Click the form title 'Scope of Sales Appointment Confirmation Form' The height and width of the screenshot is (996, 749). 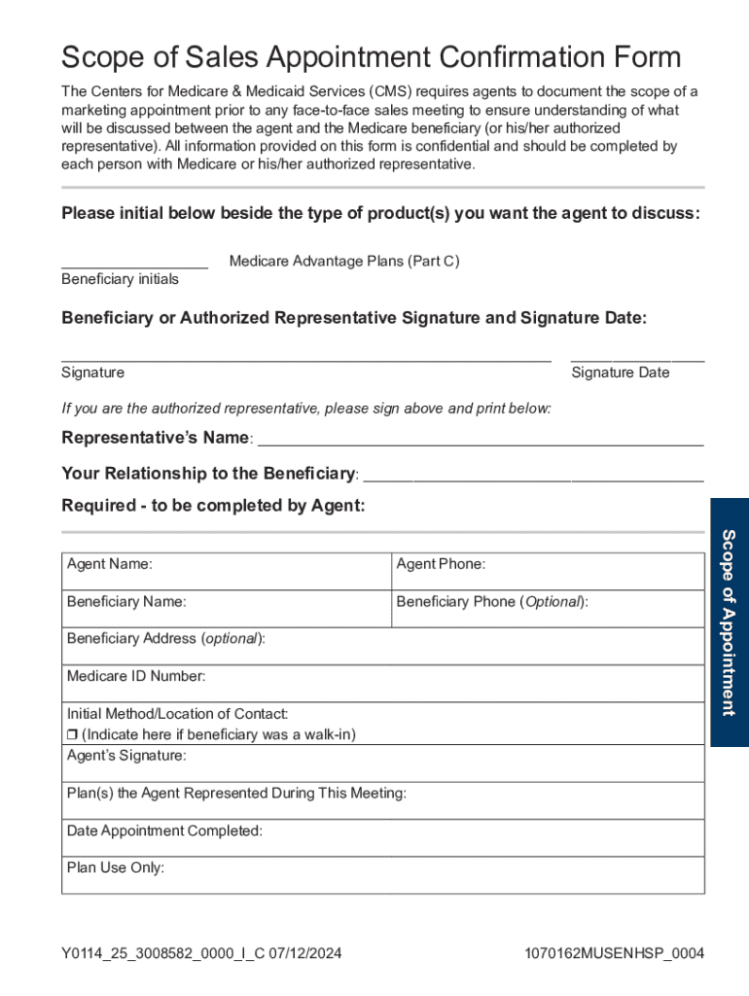[x=371, y=56]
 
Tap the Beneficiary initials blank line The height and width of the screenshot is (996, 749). [x=134, y=266]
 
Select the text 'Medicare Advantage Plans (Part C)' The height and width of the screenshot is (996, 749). [x=343, y=261]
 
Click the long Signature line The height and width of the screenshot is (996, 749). [x=305, y=359]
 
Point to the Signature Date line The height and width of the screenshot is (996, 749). [x=637, y=359]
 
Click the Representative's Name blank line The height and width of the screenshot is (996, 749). [x=480, y=443]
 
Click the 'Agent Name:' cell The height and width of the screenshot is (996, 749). [x=227, y=571]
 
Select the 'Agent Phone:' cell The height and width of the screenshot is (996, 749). [x=548, y=571]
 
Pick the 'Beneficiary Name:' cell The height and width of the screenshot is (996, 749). [x=227, y=609]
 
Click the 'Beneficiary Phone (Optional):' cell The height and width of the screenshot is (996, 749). [x=548, y=609]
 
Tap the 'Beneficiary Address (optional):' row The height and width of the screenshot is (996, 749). [x=383, y=646]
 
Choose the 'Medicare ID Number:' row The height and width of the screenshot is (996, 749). [x=383, y=684]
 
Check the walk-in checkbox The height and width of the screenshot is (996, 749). [x=72, y=734]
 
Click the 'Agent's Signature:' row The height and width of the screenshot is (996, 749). [x=383, y=764]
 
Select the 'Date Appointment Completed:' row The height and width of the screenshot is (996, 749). [x=383, y=837]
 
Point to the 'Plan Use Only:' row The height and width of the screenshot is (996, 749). [x=383, y=874]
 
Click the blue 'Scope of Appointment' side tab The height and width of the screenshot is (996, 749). [x=730, y=622]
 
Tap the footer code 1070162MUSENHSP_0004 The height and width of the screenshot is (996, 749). [x=613, y=953]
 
